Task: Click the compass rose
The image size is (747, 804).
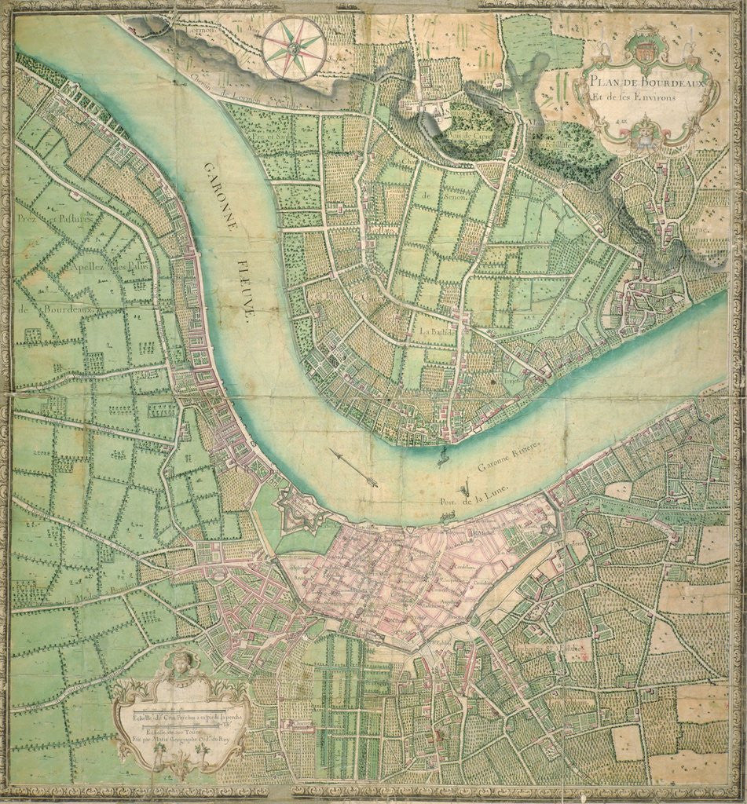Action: click(294, 49)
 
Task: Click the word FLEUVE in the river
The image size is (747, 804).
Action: click(250, 286)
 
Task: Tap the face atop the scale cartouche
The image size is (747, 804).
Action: click(180, 663)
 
